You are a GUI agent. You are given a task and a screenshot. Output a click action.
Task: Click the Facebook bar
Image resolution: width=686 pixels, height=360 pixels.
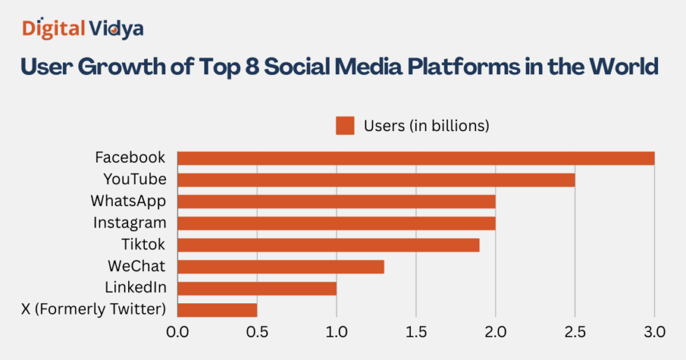416,158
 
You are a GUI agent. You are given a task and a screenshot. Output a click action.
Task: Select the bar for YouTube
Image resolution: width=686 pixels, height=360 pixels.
376,180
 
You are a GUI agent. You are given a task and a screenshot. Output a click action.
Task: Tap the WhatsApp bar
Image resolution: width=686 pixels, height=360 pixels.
336,202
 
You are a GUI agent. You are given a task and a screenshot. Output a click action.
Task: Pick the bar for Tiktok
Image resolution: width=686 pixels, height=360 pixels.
328,245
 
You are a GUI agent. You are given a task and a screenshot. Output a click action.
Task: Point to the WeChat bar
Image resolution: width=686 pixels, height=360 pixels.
281,267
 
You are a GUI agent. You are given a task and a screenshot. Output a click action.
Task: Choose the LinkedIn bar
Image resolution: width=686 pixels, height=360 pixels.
257,289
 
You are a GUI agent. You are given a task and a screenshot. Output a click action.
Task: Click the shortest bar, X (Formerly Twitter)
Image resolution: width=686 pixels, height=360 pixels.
217,310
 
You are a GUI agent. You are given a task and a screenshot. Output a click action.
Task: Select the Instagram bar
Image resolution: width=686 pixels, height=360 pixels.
336,223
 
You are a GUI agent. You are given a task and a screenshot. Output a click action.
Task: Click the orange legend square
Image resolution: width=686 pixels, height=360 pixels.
345,126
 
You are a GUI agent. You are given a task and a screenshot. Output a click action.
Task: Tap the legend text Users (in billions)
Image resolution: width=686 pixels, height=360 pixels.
426,126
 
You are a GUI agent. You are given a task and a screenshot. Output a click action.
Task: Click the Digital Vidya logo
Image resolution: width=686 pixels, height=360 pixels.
83,28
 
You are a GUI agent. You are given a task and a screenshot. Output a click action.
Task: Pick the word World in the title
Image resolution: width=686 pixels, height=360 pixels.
623,67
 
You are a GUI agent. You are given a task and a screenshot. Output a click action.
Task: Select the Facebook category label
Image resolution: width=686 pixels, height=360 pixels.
130,158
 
